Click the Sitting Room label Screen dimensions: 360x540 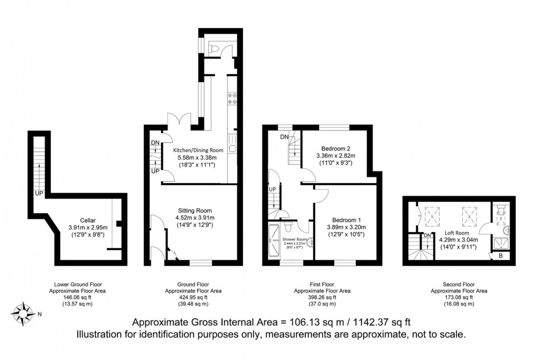[x=195, y=210]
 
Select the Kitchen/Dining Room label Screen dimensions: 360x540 [x=198, y=150]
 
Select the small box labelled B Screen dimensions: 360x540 [x=499, y=256]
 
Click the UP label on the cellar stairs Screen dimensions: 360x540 [x=39, y=194]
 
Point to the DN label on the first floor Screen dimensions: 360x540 [x=284, y=137]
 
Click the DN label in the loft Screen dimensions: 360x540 [x=428, y=235]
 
